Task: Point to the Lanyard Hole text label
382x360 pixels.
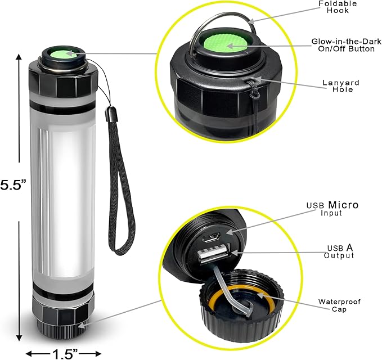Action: [x=341, y=86]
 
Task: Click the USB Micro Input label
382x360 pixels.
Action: [x=331, y=209]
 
